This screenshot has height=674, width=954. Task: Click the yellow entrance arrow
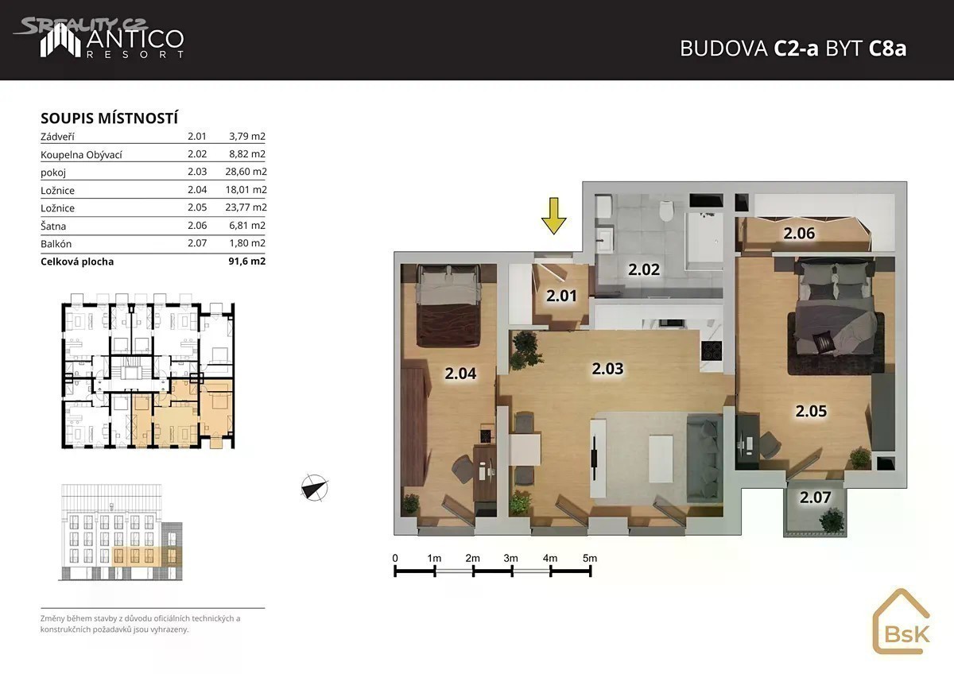click(x=553, y=216)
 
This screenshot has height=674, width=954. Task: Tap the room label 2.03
click(x=607, y=369)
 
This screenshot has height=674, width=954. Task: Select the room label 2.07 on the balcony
click(x=815, y=498)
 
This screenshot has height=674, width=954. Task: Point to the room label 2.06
click(x=799, y=234)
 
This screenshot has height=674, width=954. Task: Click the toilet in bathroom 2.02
click(x=665, y=211)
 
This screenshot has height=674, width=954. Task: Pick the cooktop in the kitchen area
click(x=712, y=351)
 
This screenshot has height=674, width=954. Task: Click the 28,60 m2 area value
click(x=246, y=172)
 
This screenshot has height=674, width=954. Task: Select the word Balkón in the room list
click(x=56, y=243)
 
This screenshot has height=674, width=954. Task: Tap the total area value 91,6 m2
click(x=247, y=261)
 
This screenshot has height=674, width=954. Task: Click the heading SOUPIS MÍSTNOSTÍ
click(x=110, y=118)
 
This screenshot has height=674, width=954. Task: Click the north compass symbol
click(x=314, y=488)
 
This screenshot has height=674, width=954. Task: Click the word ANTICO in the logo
click(x=135, y=39)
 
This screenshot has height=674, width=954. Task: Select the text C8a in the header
click(x=887, y=48)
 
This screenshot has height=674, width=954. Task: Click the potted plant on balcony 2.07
click(x=831, y=521)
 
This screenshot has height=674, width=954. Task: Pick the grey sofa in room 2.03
click(x=704, y=458)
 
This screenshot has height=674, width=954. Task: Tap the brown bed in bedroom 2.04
click(x=449, y=306)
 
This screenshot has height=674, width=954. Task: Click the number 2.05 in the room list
click(x=197, y=207)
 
